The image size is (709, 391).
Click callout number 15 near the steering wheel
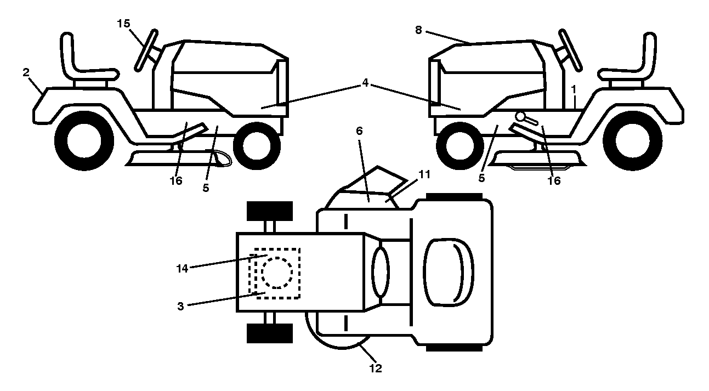(x=123, y=24)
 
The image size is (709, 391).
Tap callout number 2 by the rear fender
(x=26, y=72)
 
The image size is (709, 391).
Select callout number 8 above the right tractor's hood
(x=418, y=30)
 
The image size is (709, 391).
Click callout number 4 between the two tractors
(x=365, y=83)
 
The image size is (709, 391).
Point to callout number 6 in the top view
(x=359, y=131)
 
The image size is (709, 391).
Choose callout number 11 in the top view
(x=424, y=174)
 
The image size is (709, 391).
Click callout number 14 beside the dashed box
(x=182, y=269)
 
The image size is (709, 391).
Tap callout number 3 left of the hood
(x=180, y=307)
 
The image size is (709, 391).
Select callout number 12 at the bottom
(x=376, y=368)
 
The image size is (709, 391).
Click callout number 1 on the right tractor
(x=574, y=90)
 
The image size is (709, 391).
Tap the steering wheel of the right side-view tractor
(x=570, y=50)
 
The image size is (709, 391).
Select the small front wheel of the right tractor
(x=460, y=146)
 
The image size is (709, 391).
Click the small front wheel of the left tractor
(x=257, y=146)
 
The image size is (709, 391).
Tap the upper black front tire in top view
(x=270, y=211)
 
